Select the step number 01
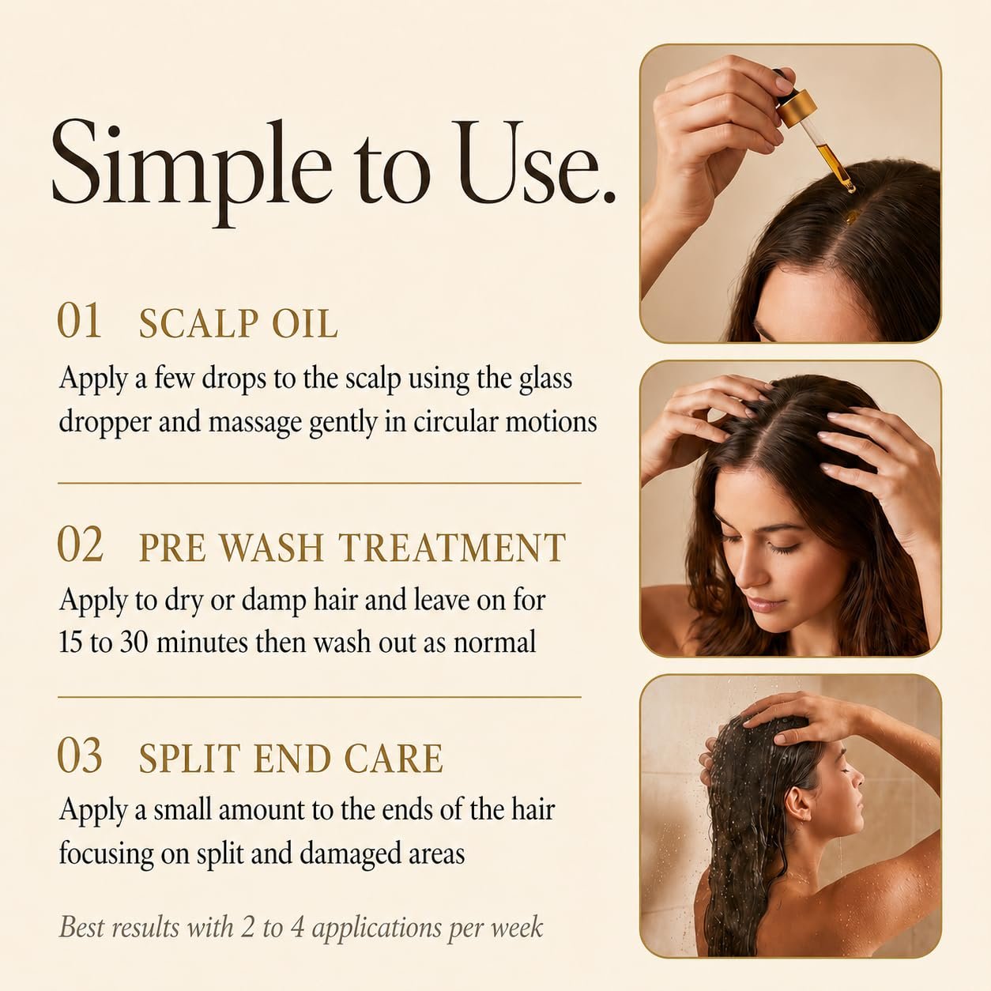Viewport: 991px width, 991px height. [79, 321]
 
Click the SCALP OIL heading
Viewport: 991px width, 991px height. [238, 324]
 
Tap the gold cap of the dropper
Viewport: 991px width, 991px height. [796, 104]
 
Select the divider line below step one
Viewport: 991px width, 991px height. [319, 484]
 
